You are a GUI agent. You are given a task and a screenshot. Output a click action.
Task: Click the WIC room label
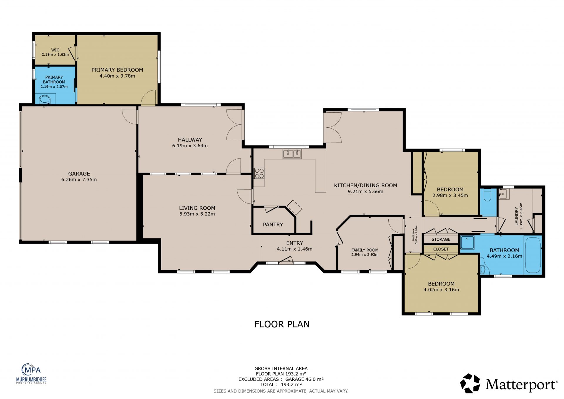[x=55, y=50]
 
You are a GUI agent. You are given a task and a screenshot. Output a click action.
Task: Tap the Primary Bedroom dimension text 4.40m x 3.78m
[x=117, y=76]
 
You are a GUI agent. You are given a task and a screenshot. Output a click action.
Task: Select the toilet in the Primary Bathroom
[x=45, y=99]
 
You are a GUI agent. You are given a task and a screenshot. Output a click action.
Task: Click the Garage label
[x=79, y=174]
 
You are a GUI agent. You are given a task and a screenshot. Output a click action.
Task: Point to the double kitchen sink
[x=292, y=154]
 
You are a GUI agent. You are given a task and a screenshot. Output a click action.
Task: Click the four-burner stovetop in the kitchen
[x=259, y=173]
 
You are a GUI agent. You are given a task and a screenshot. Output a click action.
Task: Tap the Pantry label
[x=273, y=225]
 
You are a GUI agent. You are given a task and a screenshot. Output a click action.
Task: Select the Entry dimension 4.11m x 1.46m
[x=294, y=249]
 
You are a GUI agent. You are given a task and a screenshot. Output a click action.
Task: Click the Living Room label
[x=197, y=208]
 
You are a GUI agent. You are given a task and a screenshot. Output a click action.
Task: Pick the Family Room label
[x=365, y=250]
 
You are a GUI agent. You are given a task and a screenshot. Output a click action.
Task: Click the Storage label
[x=441, y=239]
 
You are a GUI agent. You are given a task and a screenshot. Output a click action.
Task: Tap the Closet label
[x=441, y=249]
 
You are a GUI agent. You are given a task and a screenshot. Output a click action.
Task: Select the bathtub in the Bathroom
[x=533, y=255]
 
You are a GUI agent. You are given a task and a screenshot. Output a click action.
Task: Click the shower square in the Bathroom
[x=467, y=243]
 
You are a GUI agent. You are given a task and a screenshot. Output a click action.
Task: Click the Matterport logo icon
[x=470, y=383]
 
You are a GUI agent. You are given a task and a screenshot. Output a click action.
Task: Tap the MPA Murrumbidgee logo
[x=31, y=373]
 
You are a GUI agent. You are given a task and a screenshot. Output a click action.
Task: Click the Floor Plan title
[x=282, y=324]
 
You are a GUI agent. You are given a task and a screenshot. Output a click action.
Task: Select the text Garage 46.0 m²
[x=304, y=379]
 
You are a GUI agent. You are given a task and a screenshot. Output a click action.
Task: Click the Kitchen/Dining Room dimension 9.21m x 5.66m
[x=365, y=191]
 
